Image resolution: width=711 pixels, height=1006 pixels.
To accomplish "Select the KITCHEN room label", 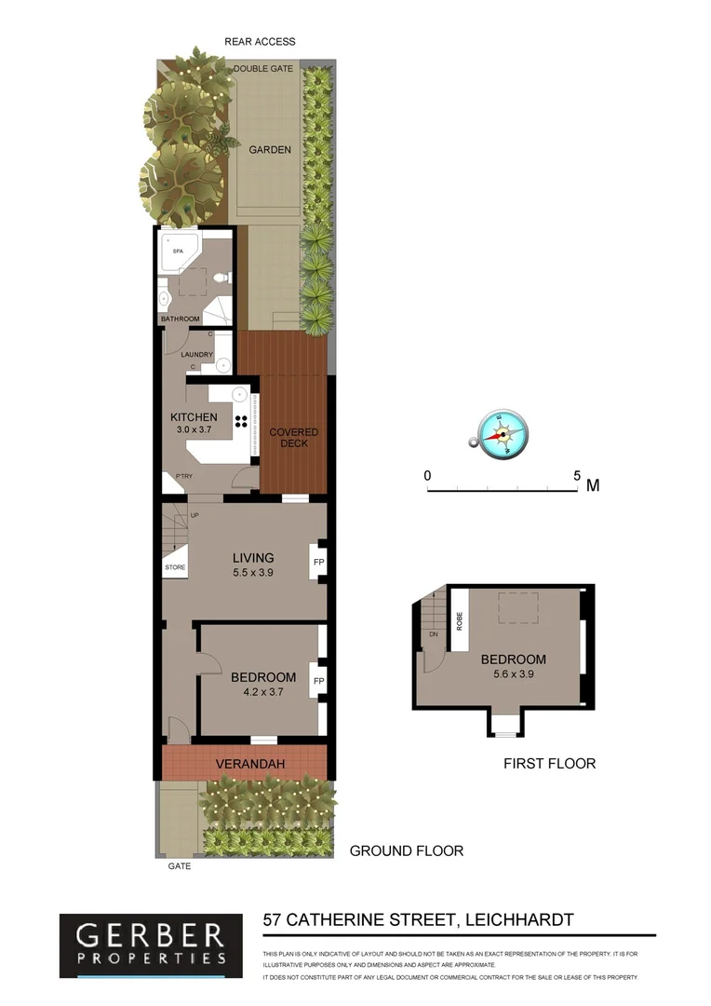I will click(x=194, y=416).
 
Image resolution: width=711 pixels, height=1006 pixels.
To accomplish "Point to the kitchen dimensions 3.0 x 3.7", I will click(x=195, y=430).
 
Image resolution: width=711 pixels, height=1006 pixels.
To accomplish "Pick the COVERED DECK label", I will click(x=294, y=437).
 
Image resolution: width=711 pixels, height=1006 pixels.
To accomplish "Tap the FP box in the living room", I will click(x=318, y=563).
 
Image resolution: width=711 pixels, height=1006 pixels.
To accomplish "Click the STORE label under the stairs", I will click(x=175, y=567).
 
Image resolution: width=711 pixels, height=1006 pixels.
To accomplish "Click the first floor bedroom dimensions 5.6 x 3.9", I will click(x=513, y=673).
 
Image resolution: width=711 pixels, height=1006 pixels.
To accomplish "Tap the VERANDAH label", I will click(x=249, y=765).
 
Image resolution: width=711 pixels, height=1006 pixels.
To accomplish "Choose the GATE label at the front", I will click(x=180, y=865).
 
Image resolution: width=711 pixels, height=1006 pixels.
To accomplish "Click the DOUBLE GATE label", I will click(x=263, y=69).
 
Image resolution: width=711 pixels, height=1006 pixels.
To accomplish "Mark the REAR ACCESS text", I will click(x=260, y=41).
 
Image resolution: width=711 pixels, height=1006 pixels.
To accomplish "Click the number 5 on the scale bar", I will click(x=578, y=475).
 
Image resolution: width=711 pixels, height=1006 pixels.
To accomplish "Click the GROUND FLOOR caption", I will click(x=406, y=850).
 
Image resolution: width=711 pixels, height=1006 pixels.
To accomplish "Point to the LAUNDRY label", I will click(x=196, y=355).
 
